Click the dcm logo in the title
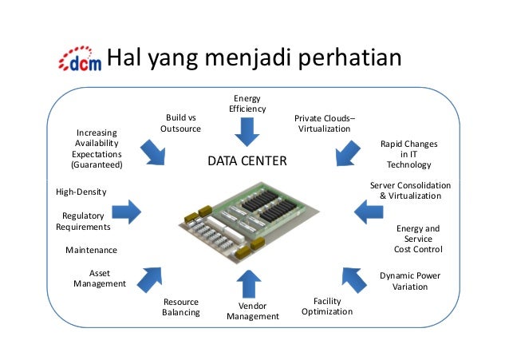[81, 61]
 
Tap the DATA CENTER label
[247, 162]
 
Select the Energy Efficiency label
[247, 103]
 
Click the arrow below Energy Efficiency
[247, 131]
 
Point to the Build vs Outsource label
[180, 123]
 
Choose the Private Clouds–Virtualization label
[324, 123]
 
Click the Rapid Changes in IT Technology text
[408, 154]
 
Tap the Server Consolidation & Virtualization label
[410, 190]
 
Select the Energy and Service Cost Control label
[418, 239]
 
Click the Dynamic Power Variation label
[410, 281]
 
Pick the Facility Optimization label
[327, 306]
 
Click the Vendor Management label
[253, 311]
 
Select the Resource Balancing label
[181, 307]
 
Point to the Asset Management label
[100, 278]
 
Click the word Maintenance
[91, 250]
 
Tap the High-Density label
[81, 192]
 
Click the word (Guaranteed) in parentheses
[97, 164]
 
